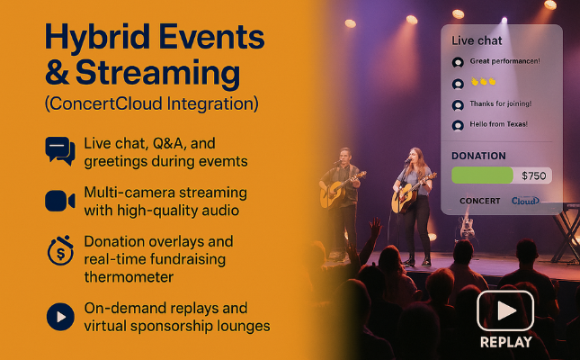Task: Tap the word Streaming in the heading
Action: [157, 73]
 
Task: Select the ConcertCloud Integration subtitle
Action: [151, 103]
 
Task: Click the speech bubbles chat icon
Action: [60, 151]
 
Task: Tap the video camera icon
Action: [60, 201]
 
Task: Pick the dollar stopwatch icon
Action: [60, 251]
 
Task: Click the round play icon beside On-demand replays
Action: [60, 317]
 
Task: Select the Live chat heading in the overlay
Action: [477, 40]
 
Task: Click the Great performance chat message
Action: [504, 61]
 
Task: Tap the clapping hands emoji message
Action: [483, 81]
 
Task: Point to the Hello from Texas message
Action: [499, 124]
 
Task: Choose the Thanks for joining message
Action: [501, 103]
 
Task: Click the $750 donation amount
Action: [534, 175]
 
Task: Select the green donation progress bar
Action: [482, 175]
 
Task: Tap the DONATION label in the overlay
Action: [478, 156]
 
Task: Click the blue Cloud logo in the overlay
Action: [525, 201]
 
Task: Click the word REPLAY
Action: [506, 342]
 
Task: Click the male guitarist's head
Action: [345, 155]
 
